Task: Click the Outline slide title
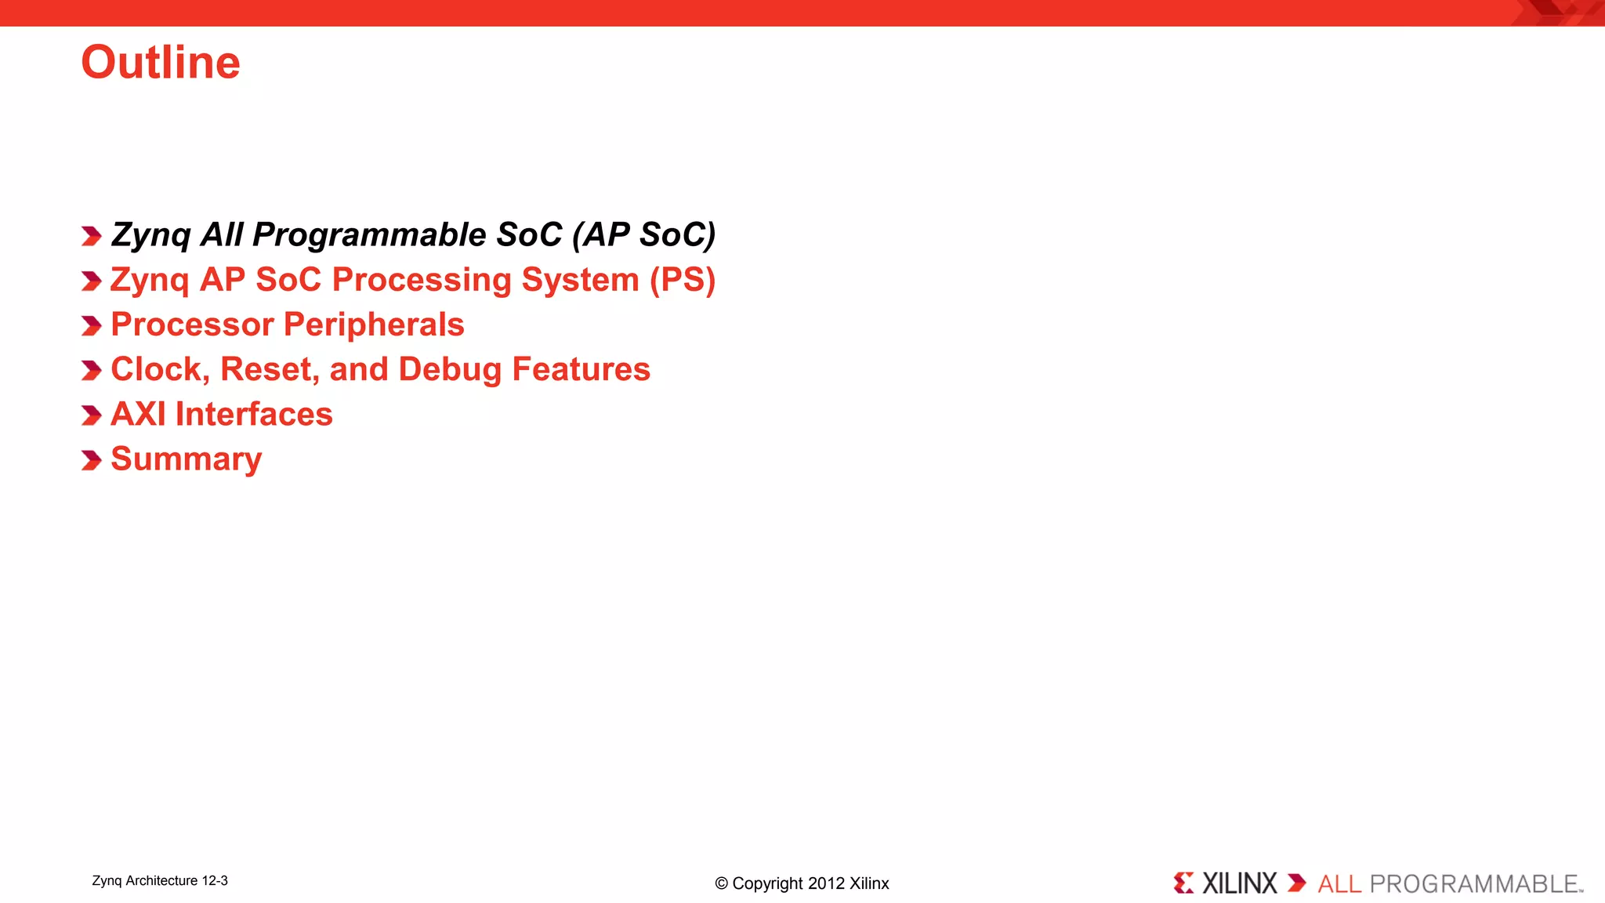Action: click(x=161, y=63)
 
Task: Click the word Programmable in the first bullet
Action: click(x=369, y=235)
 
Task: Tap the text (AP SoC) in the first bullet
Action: click(x=643, y=235)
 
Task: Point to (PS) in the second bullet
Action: click(x=683, y=280)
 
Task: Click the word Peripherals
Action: click(x=374, y=325)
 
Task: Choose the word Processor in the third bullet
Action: click(x=192, y=325)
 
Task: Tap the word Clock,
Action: click(x=160, y=369)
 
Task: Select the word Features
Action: click(x=581, y=369)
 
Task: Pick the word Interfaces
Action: click(x=254, y=414)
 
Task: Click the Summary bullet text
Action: click(x=187, y=459)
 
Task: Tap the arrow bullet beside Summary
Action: click(x=91, y=460)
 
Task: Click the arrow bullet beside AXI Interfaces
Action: click(x=91, y=415)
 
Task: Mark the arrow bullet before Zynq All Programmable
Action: click(x=91, y=236)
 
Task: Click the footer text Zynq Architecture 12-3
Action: click(x=160, y=880)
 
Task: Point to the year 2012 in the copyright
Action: click(x=826, y=883)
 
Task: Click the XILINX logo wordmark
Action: click(x=1239, y=883)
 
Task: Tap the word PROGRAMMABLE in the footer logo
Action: click(x=1473, y=884)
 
